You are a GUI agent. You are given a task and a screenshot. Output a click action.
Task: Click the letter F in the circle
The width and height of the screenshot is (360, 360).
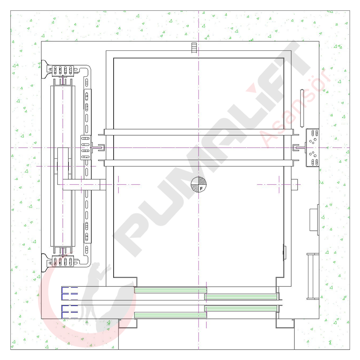201,188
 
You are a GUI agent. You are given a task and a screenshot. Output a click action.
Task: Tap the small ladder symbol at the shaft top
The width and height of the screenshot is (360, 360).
194,48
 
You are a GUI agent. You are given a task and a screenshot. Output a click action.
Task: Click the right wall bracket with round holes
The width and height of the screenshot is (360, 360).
312,147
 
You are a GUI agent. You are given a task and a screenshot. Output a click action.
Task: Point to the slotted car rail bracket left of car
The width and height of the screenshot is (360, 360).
86,147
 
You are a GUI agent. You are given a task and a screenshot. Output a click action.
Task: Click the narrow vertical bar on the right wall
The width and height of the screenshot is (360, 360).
302,108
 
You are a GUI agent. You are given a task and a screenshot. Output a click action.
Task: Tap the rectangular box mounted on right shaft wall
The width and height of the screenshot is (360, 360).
314,220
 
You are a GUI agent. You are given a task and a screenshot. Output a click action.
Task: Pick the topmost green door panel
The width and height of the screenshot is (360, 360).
170,290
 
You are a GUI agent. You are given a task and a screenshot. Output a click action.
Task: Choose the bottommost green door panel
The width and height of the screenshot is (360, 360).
170,315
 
